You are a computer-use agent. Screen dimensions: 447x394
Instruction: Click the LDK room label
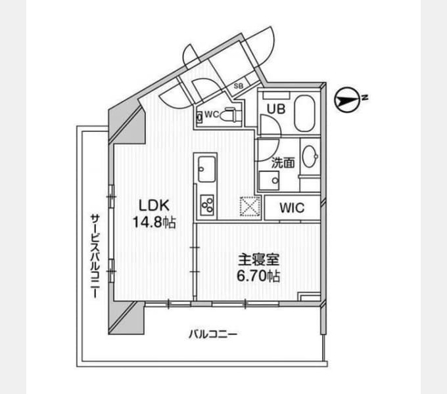click(154, 205)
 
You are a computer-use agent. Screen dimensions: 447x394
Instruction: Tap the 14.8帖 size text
click(154, 222)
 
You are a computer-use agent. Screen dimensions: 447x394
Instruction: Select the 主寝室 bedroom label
click(259, 259)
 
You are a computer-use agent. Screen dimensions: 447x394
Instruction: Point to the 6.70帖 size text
click(258, 276)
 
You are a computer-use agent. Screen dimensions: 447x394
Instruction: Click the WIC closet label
click(292, 208)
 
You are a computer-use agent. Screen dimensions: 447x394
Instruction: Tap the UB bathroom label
click(276, 109)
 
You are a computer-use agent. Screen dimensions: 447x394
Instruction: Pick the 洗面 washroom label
click(283, 163)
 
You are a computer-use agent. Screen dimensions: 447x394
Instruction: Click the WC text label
click(212, 115)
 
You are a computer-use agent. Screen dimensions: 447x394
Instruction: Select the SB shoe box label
click(239, 85)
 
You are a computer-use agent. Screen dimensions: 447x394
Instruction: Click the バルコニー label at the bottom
click(213, 334)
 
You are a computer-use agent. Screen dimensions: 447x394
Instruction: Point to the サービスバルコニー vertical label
click(95, 256)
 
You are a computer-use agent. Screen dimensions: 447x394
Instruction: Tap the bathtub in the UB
click(304, 114)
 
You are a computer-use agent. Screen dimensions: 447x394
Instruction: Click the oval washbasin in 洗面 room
click(310, 156)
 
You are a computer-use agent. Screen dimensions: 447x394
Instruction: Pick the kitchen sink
click(207, 169)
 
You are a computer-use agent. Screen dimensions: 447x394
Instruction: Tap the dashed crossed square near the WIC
click(250, 206)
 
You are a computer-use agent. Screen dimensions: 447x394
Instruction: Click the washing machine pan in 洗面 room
click(269, 180)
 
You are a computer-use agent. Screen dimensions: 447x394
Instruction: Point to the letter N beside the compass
click(365, 98)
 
